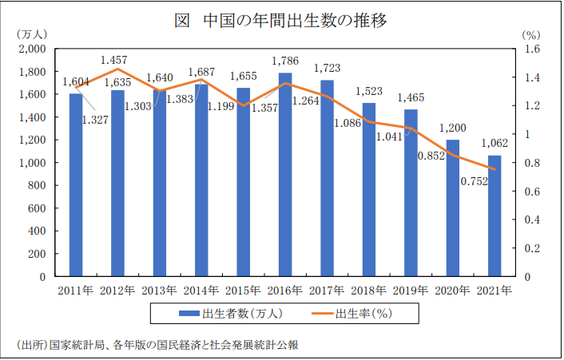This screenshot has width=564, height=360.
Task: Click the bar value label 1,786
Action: pos(285,61)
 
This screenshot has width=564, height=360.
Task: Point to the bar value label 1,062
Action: pos(495,144)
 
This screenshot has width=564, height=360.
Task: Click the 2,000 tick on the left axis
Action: pos(34,49)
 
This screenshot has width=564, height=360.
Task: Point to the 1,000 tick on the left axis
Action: pos(34,163)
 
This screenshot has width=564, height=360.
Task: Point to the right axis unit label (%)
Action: pos(531,34)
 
